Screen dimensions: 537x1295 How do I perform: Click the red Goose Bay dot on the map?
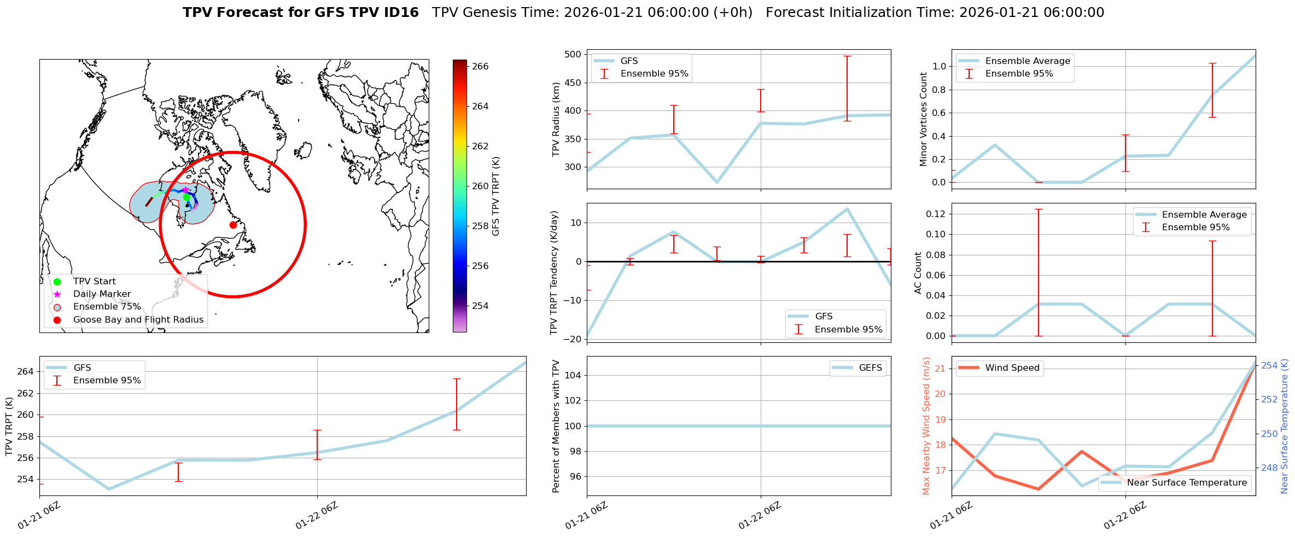[x=233, y=225]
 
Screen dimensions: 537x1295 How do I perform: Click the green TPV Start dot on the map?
[x=186, y=197]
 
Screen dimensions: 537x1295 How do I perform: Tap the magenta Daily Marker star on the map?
[x=185, y=190]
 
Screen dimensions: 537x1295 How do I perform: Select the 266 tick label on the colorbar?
[x=480, y=67]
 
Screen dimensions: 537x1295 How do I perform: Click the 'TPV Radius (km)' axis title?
[x=556, y=119]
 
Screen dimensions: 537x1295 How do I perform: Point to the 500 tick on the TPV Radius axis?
[x=572, y=55]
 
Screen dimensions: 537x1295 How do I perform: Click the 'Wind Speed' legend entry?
[x=1012, y=368]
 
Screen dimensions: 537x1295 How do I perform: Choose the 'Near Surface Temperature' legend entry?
[x=1187, y=483]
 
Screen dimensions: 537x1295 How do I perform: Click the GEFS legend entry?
[x=870, y=368]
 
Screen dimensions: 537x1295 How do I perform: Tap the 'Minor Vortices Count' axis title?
[x=923, y=119]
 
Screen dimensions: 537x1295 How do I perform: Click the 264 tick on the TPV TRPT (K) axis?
[x=26, y=372]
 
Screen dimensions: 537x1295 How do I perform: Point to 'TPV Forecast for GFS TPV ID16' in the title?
[x=301, y=13]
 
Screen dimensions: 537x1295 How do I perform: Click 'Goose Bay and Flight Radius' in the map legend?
[x=138, y=320]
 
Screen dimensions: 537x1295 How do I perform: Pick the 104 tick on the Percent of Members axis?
[x=572, y=376]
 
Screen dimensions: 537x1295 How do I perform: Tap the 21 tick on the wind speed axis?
[x=940, y=369]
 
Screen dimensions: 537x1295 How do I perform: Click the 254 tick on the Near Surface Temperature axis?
[x=1269, y=365]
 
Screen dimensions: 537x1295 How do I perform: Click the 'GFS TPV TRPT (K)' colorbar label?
[x=496, y=196]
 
